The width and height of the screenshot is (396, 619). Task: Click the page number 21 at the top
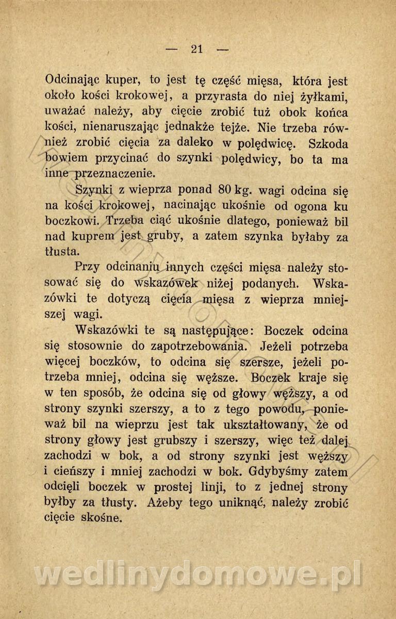click(196, 49)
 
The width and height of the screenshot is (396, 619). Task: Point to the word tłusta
click(62, 252)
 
